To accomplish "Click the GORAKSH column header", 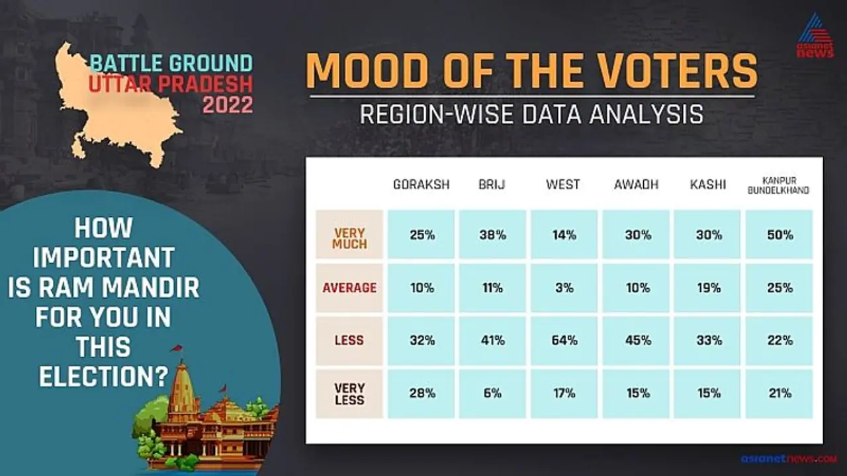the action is [x=422, y=184].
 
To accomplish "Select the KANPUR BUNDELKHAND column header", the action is [x=779, y=185].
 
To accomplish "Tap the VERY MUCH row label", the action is [x=349, y=238].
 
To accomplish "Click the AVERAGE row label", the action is [x=349, y=288].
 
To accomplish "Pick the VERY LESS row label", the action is [x=349, y=393].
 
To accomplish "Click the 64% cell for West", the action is [x=564, y=340].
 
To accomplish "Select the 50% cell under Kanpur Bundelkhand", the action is [x=780, y=235].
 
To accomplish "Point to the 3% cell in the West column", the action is [x=564, y=288].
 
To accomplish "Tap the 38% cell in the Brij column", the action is [x=493, y=235].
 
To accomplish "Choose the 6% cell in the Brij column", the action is [x=493, y=393].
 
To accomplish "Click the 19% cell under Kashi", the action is [x=707, y=288].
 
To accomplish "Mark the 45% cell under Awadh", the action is [x=636, y=340].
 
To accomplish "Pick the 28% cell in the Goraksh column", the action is [x=422, y=393].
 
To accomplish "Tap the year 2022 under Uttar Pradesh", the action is [x=228, y=104].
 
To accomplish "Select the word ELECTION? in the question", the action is [x=103, y=377].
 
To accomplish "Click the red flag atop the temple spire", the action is [x=177, y=348].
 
